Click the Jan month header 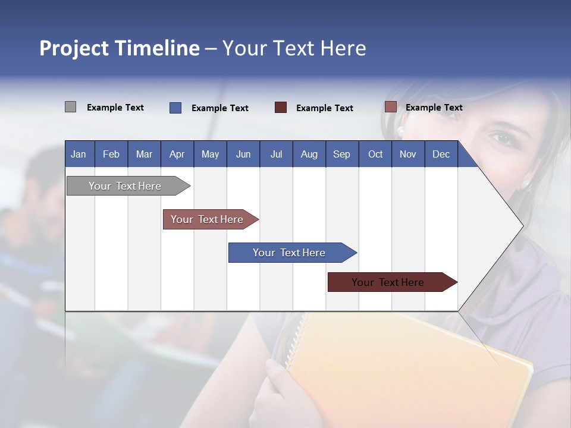click(x=79, y=154)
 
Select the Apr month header click(x=177, y=154)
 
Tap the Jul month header click(x=276, y=154)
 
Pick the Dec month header click(x=441, y=154)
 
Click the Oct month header click(x=375, y=154)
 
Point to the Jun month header click(x=243, y=154)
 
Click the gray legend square click(x=70, y=107)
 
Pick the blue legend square click(x=175, y=108)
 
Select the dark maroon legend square click(x=281, y=108)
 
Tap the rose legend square click(x=390, y=107)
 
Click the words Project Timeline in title click(x=119, y=48)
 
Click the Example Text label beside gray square click(x=115, y=108)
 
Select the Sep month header click(x=341, y=154)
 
